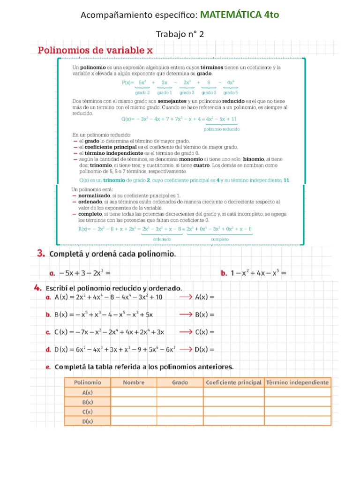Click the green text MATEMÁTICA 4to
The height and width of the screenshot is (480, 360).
pos(239,15)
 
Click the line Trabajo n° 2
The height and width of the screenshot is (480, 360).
pos(180,34)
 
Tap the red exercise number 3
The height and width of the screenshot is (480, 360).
pos(41,254)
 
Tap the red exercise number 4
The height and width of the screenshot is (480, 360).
pos(41,287)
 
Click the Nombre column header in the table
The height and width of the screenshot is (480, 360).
pos(134,382)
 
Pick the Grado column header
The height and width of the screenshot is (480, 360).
pos(180,382)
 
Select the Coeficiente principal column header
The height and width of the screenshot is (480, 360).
pos(233,382)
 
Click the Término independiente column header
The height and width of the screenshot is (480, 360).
pos(297,382)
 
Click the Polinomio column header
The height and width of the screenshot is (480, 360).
pos(87,382)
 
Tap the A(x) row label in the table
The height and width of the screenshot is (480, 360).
pos(87,392)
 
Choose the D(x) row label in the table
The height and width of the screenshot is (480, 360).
pos(87,421)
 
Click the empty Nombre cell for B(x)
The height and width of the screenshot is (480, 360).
pos(134,402)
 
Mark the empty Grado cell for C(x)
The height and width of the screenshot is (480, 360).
pos(180,412)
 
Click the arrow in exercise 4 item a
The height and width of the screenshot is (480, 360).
pos(186,297)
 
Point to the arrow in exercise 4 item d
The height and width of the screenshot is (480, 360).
pos(186,349)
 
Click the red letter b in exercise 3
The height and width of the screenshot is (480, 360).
pos(224,273)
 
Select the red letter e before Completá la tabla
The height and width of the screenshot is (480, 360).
pos(48,367)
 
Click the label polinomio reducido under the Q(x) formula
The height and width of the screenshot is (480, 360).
pos(222,129)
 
